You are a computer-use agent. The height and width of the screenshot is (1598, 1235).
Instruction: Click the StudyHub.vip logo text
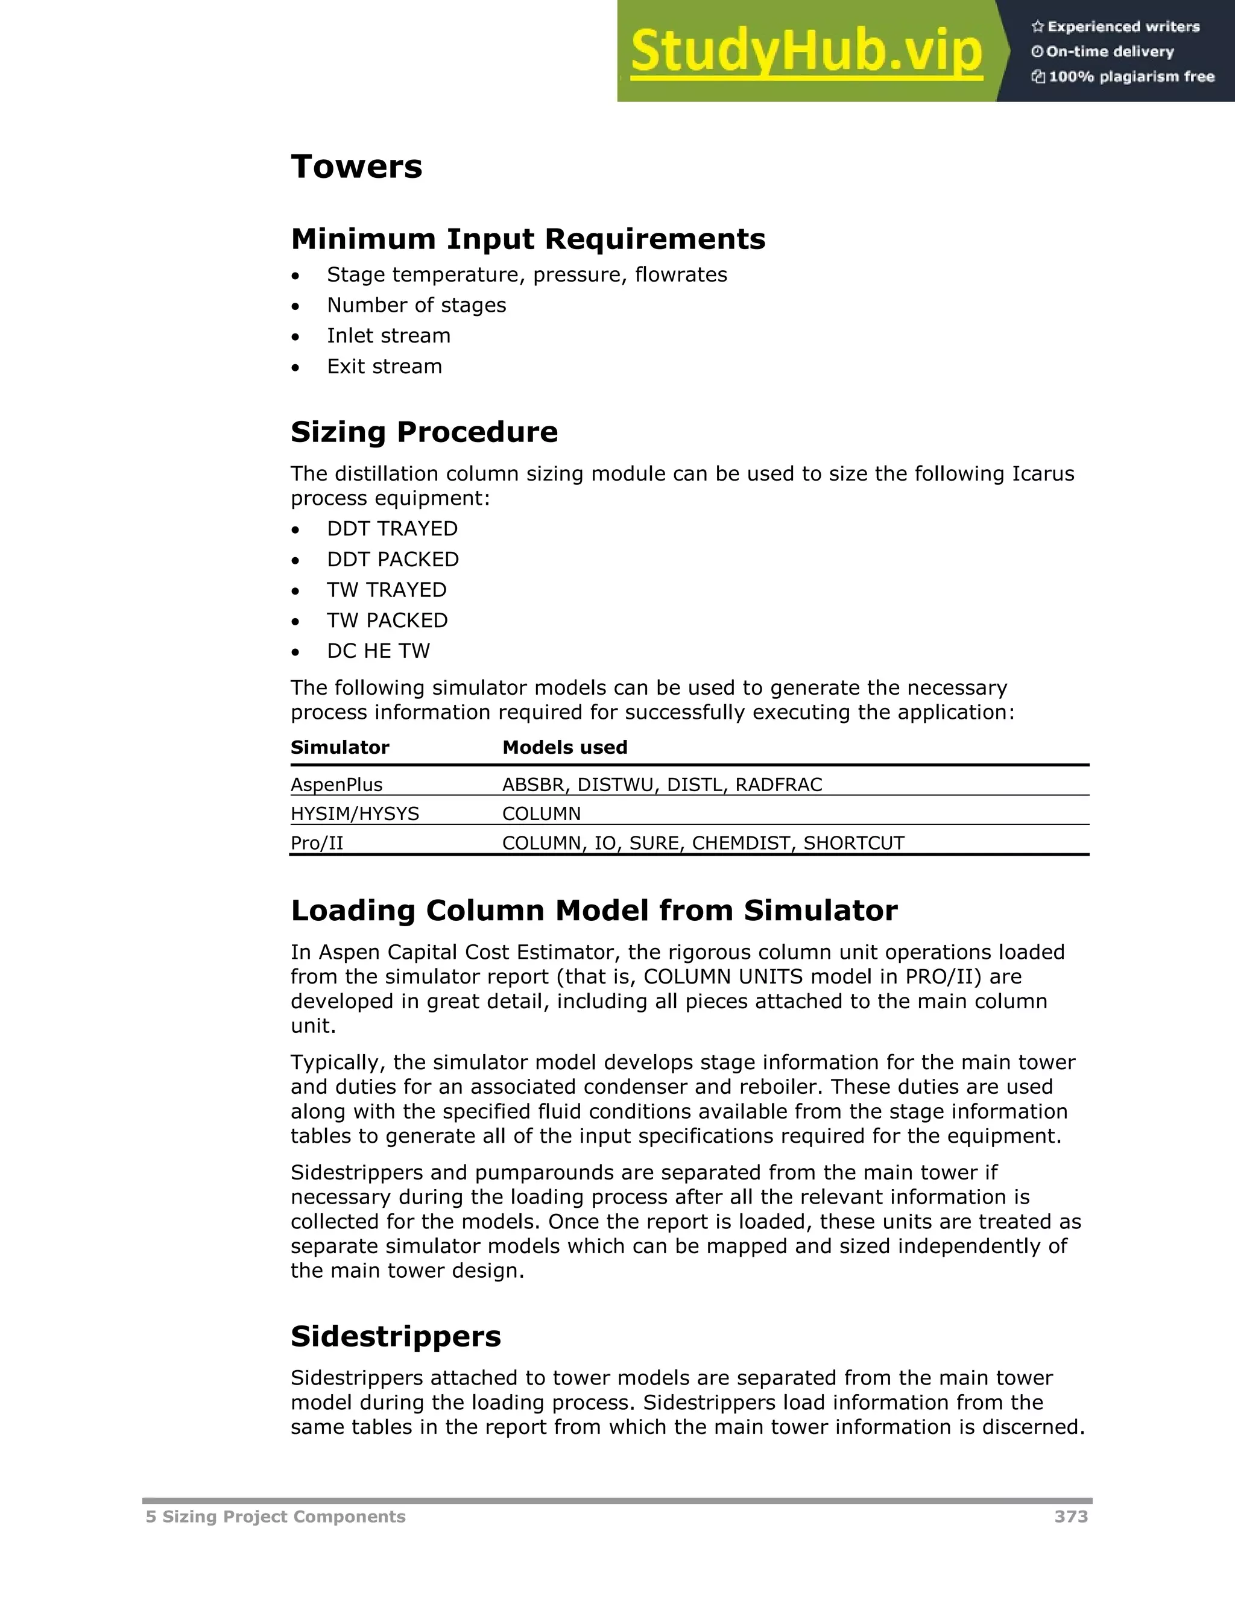point(806,51)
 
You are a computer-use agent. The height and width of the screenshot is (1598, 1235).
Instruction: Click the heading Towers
point(356,167)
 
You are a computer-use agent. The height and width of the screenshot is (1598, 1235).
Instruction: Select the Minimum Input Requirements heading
point(528,239)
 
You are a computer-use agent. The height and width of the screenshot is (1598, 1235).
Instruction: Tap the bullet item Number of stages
point(416,305)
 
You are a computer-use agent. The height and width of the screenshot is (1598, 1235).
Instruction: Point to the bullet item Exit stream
point(384,367)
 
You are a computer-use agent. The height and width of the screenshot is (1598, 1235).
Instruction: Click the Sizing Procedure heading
point(423,432)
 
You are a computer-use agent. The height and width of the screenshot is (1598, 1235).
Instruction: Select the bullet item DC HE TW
point(378,651)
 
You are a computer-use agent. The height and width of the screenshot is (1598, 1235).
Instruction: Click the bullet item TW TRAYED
point(387,590)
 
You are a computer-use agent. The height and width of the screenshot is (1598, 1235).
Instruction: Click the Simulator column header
point(340,747)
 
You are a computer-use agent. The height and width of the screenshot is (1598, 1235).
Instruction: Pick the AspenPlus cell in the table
point(336,785)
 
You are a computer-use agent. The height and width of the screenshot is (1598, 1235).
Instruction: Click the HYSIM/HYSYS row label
point(355,813)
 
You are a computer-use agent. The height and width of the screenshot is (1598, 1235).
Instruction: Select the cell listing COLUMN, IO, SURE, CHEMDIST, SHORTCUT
point(703,843)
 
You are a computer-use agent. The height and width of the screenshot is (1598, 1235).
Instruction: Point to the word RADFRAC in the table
point(779,785)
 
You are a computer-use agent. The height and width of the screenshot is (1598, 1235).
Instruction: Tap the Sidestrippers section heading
point(395,1337)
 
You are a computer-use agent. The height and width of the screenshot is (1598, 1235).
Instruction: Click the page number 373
point(1070,1517)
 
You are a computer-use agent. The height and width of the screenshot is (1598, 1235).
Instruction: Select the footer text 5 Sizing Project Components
point(275,1517)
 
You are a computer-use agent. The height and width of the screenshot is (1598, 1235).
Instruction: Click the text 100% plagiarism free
point(1131,77)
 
